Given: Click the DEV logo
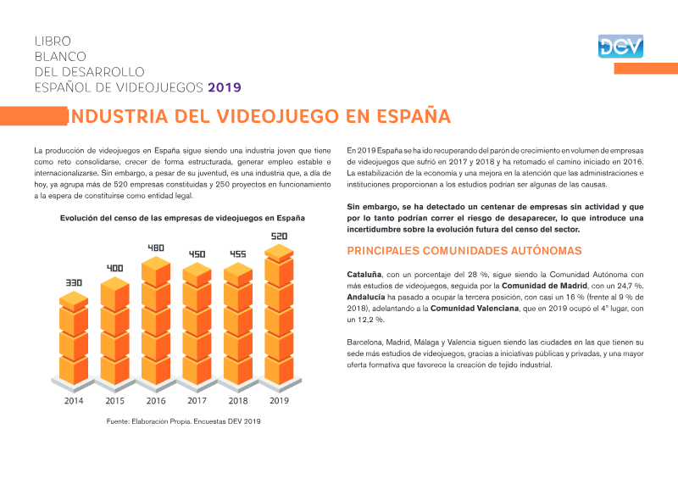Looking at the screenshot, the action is coord(620,47).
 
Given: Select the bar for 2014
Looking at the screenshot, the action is coord(74,338).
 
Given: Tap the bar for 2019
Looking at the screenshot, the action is coord(279,315).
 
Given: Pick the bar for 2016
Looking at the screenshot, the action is coord(156,320).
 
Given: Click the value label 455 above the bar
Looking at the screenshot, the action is coord(238,254).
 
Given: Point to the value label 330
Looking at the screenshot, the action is coord(74,282).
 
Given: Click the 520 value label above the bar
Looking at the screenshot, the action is coord(279,237).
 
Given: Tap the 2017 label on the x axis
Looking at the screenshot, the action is coord(197,401).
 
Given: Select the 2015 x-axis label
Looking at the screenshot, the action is coord(115,401).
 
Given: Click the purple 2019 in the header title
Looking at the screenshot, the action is coord(225,87).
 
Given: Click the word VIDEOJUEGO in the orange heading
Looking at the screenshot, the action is coord(278,116).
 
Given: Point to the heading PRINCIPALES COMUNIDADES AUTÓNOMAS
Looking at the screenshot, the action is coord(464,251).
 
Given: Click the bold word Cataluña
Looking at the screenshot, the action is coord(364,275).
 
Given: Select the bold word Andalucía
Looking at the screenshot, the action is coord(366,298).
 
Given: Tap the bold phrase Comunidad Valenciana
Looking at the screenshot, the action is coord(475,309).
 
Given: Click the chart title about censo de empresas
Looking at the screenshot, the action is coord(182,218).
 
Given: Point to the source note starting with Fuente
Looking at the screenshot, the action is coord(183,421).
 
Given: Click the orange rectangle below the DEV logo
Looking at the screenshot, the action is coord(646,69).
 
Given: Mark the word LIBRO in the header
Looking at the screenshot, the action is coord(53,41).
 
